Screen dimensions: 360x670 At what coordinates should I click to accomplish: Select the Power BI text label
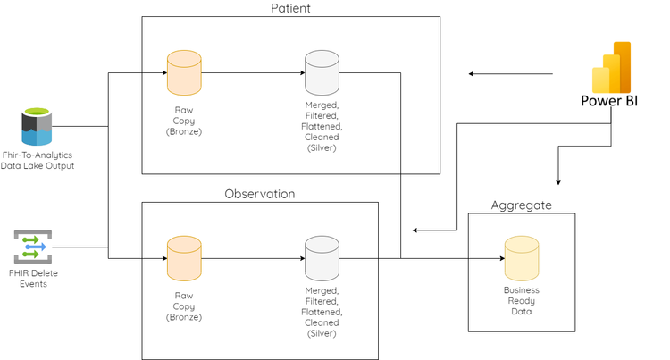(609, 101)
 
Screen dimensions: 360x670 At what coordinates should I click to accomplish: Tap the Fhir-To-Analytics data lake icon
(37, 126)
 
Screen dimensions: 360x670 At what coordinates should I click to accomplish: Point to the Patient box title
(290, 8)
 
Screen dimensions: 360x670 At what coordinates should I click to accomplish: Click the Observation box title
(259, 194)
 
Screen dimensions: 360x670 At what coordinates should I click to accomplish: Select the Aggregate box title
(521, 205)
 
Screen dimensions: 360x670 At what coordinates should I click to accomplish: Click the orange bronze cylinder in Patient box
(184, 72)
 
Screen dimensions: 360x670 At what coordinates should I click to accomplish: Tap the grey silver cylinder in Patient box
(322, 72)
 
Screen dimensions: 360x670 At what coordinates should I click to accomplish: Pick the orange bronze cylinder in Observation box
(184, 258)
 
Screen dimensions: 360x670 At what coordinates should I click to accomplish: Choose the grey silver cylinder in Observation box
(322, 258)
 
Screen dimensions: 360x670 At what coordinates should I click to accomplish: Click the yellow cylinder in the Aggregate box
(522, 258)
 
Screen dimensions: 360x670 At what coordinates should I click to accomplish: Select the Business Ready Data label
(522, 301)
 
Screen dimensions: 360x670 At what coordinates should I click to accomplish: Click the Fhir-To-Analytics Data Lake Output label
(38, 160)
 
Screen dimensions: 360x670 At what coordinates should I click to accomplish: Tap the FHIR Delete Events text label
(33, 278)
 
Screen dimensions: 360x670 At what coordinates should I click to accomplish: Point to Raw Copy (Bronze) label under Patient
(184, 120)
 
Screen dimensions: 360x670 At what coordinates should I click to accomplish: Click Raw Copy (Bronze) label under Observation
(184, 306)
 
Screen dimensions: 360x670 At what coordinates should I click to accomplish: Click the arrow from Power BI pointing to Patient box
(511, 73)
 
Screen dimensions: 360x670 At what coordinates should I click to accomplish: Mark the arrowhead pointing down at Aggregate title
(558, 181)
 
